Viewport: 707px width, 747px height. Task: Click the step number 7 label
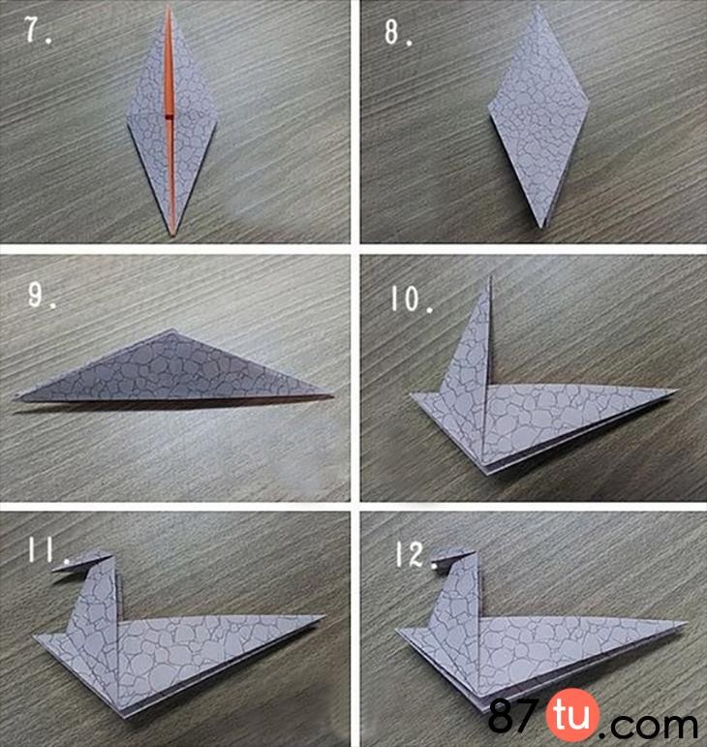(x=38, y=31)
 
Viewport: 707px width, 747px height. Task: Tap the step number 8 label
(x=398, y=32)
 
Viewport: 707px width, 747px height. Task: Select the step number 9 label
(x=42, y=296)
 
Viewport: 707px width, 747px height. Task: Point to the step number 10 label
(x=412, y=299)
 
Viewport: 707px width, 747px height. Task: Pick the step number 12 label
(x=416, y=555)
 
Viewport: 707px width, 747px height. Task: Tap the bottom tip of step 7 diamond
(x=171, y=235)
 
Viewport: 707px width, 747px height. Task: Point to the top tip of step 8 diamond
(x=538, y=6)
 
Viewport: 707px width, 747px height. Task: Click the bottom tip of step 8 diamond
(x=542, y=228)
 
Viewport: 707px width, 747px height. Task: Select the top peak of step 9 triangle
(x=169, y=330)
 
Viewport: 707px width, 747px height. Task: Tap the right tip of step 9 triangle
(x=332, y=395)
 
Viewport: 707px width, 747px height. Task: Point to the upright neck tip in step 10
(x=490, y=276)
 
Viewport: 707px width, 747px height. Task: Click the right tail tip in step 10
(x=676, y=391)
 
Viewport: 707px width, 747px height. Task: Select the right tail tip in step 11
(x=324, y=617)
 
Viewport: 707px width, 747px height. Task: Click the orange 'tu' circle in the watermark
(x=572, y=715)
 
